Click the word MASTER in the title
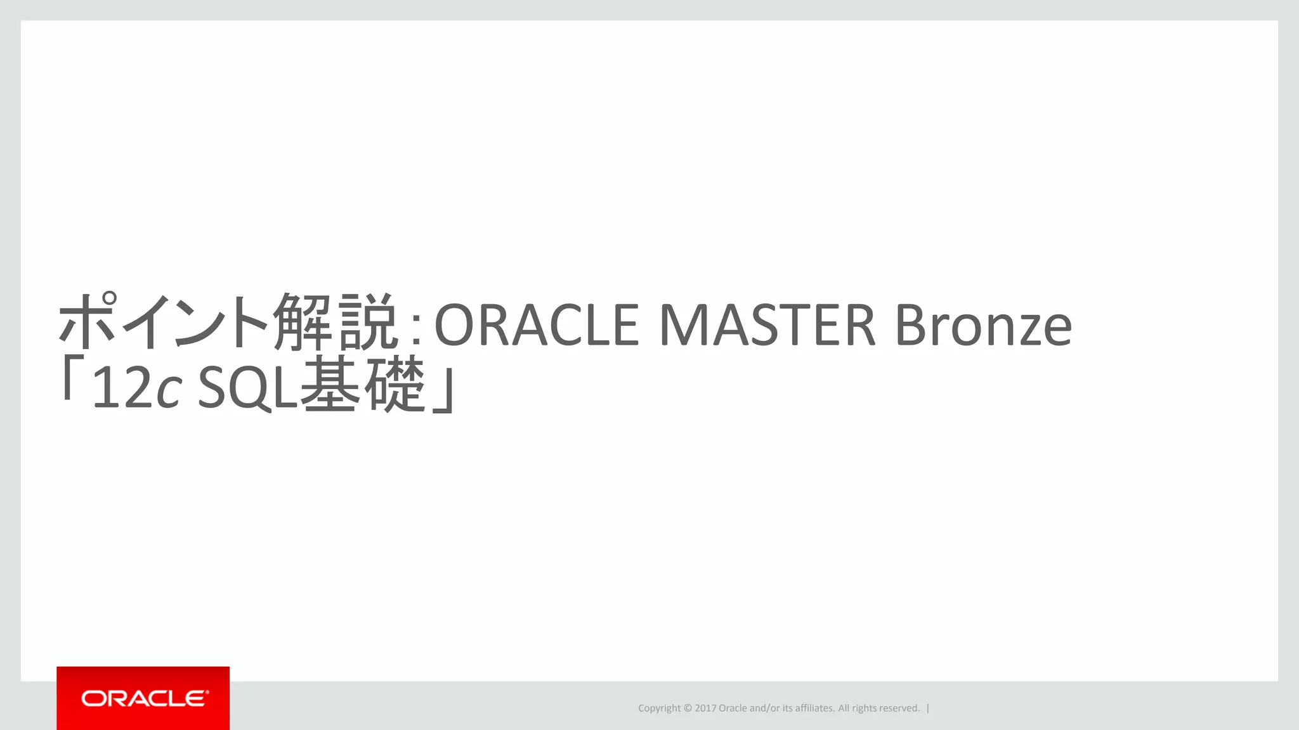(767, 325)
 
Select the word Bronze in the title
(983, 325)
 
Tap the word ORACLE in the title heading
(537, 325)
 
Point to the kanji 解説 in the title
(336, 323)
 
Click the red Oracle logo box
(143, 698)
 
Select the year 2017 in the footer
(705, 708)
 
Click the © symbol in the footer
(688, 708)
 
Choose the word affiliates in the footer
(815, 708)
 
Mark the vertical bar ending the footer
(928, 708)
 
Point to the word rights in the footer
(866, 708)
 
